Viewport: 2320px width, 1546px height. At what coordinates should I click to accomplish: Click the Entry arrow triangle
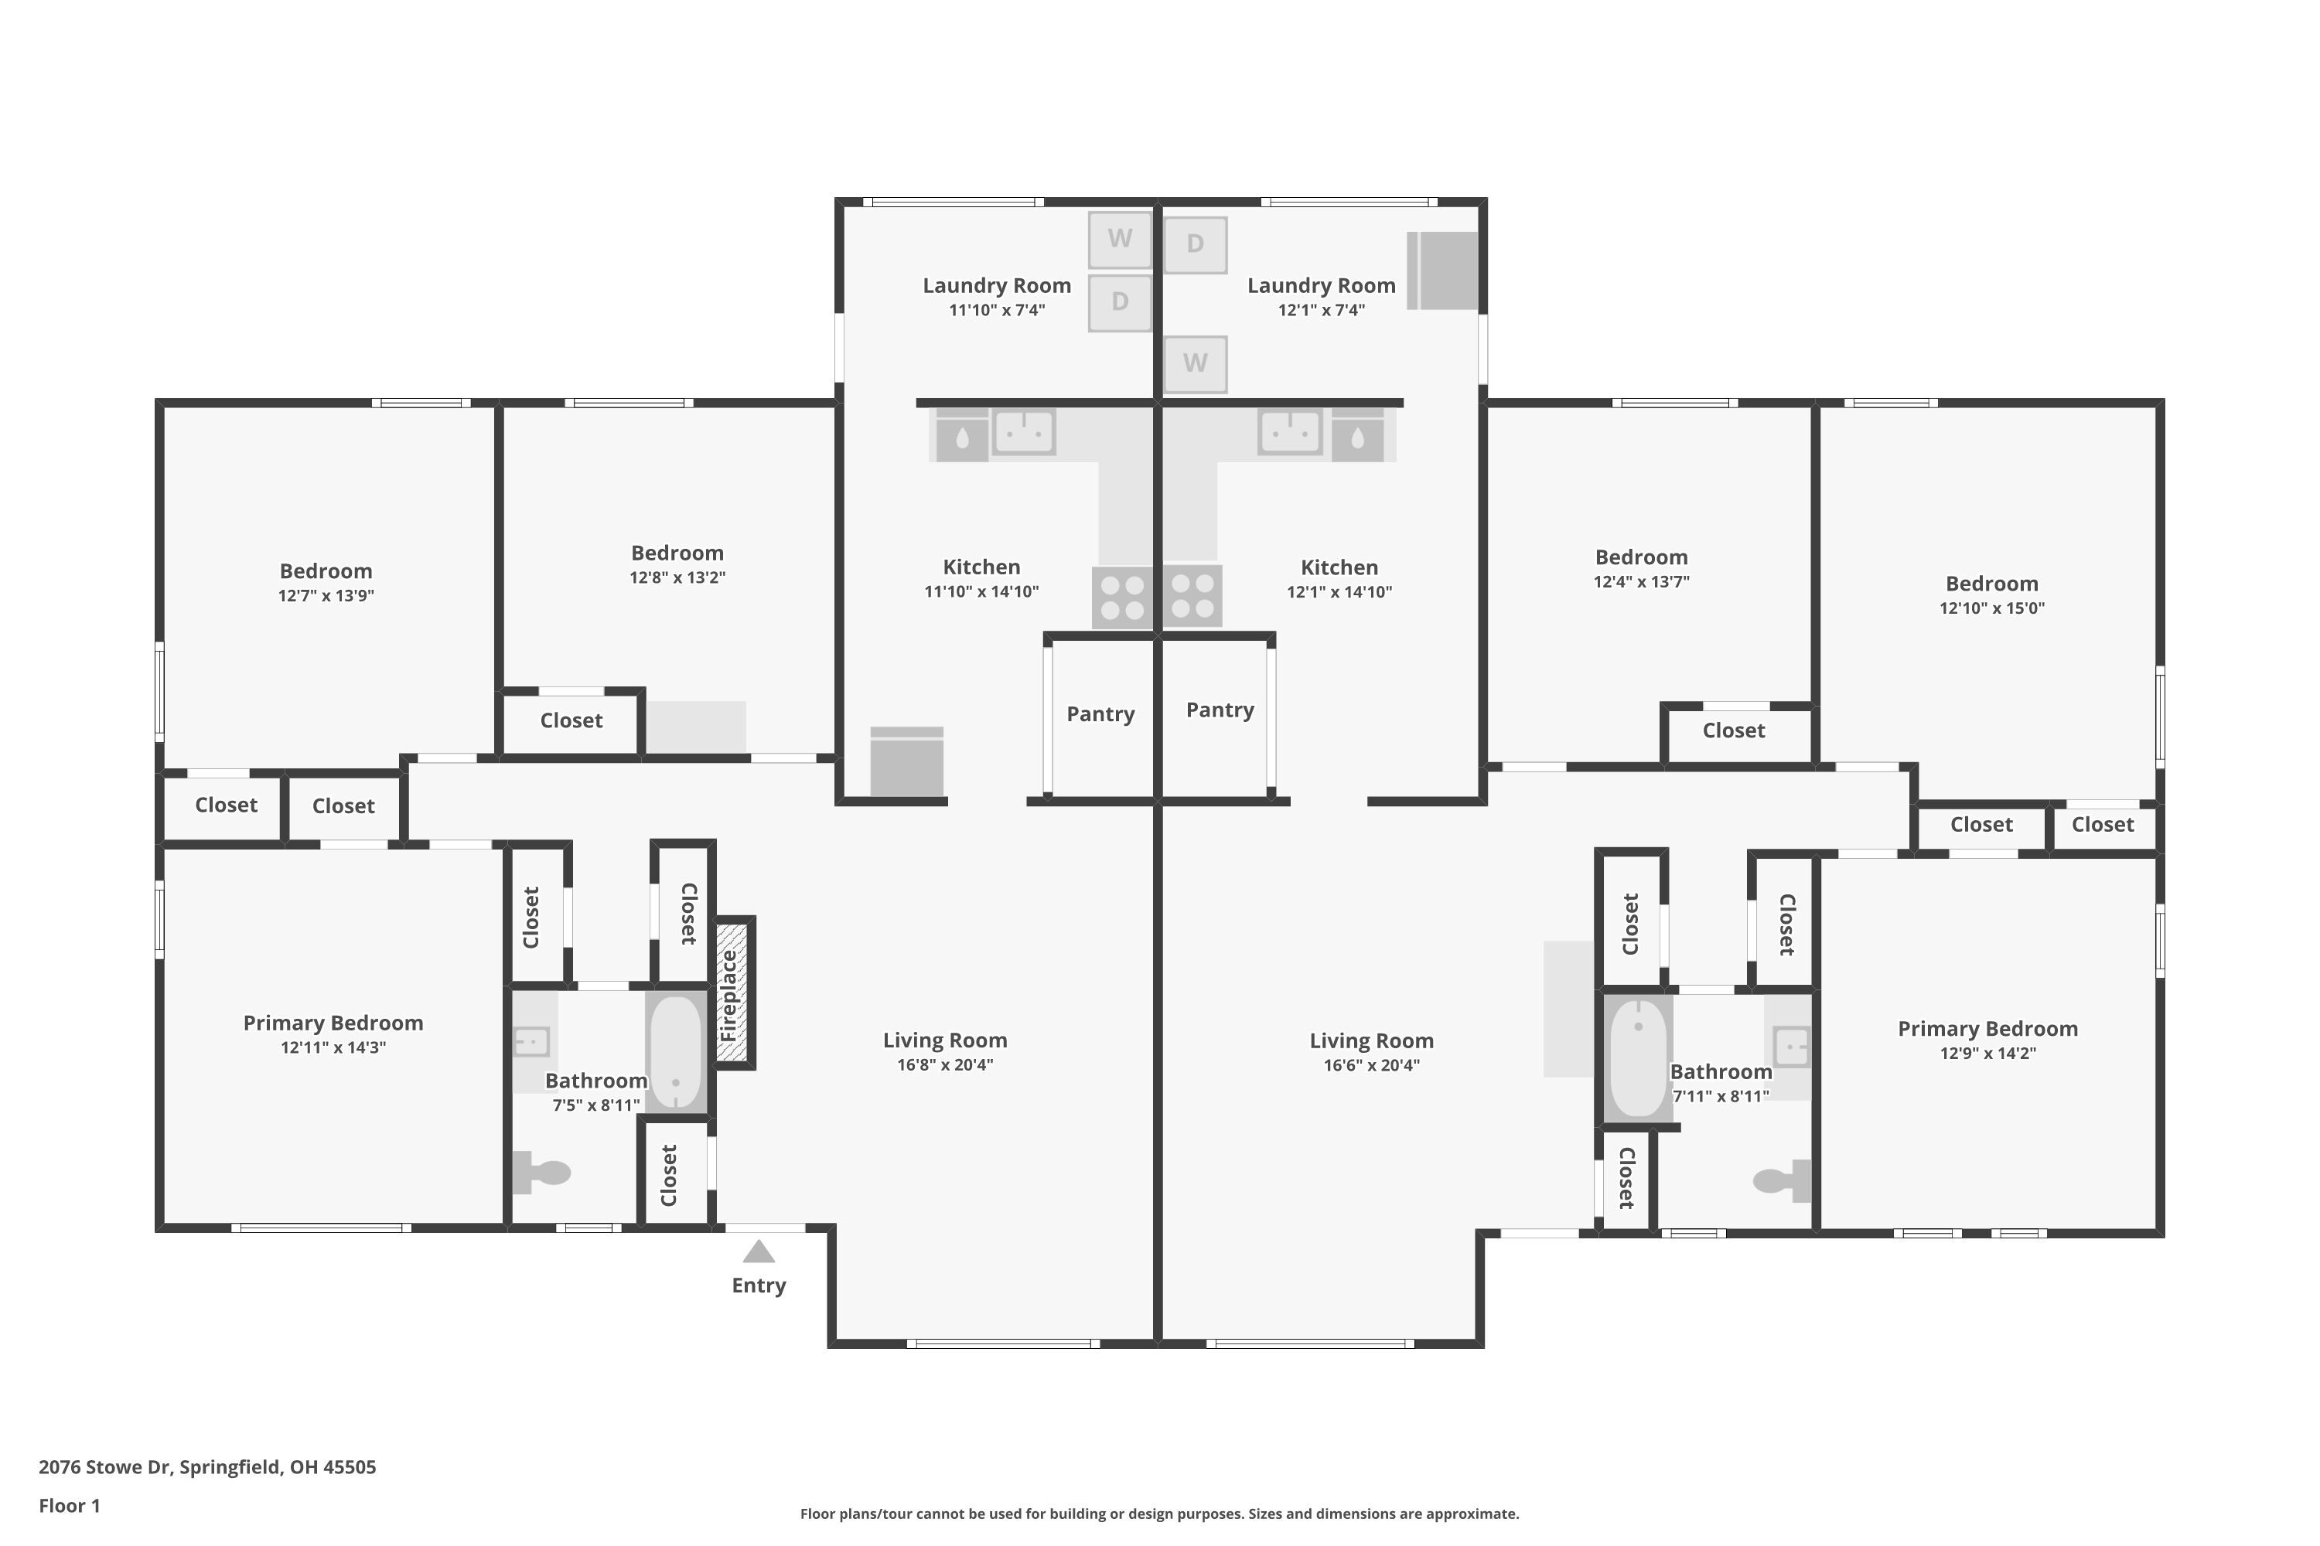click(x=759, y=1252)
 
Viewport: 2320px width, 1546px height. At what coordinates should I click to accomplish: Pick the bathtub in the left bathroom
click(x=676, y=1052)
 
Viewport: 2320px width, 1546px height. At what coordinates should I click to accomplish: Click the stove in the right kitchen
click(x=1192, y=597)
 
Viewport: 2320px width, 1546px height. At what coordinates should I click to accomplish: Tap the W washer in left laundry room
click(x=1120, y=240)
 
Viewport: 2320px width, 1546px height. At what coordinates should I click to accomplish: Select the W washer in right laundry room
click(x=1196, y=364)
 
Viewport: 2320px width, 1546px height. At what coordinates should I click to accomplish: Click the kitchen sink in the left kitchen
click(x=1024, y=433)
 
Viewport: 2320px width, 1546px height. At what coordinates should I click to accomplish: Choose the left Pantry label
click(x=1100, y=713)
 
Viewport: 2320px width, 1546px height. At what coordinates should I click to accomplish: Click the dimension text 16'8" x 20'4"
click(x=945, y=1065)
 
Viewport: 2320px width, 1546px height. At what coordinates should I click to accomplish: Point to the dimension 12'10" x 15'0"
click(x=1991, y=608)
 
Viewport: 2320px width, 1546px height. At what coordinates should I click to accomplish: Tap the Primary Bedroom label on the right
click(x=1987, y=1028)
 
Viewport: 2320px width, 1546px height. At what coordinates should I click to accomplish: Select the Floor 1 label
click(x=69, y=1506)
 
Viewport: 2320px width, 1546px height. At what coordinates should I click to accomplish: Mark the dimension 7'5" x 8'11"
click(x=595, y=1105)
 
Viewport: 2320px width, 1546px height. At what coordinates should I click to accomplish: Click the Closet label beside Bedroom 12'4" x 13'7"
click(x=1733, y=730)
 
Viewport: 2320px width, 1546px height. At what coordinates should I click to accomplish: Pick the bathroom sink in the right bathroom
click(x=1791, y=1046)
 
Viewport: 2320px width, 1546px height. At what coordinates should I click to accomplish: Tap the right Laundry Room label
click(x=1321, y=286)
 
